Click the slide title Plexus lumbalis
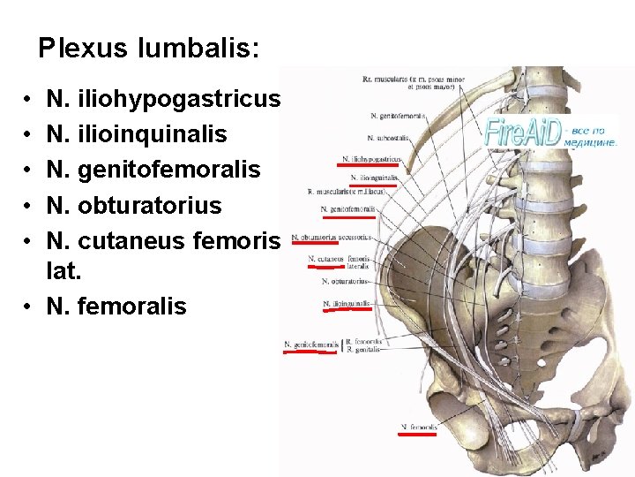(x=149, y=48)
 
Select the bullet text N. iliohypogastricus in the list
(x=164, y=98)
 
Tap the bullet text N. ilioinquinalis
(x=137, y=134)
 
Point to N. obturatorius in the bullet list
(x=134, y=205)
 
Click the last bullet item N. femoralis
(x=116, y=306)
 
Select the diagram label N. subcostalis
(x=389, y=138)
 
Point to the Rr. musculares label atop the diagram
(x=397, y=81)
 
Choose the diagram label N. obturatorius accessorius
(x=331, y=237)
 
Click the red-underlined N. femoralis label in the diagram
(x=419, y=427)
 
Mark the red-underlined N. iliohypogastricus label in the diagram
(x=371, y=160)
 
